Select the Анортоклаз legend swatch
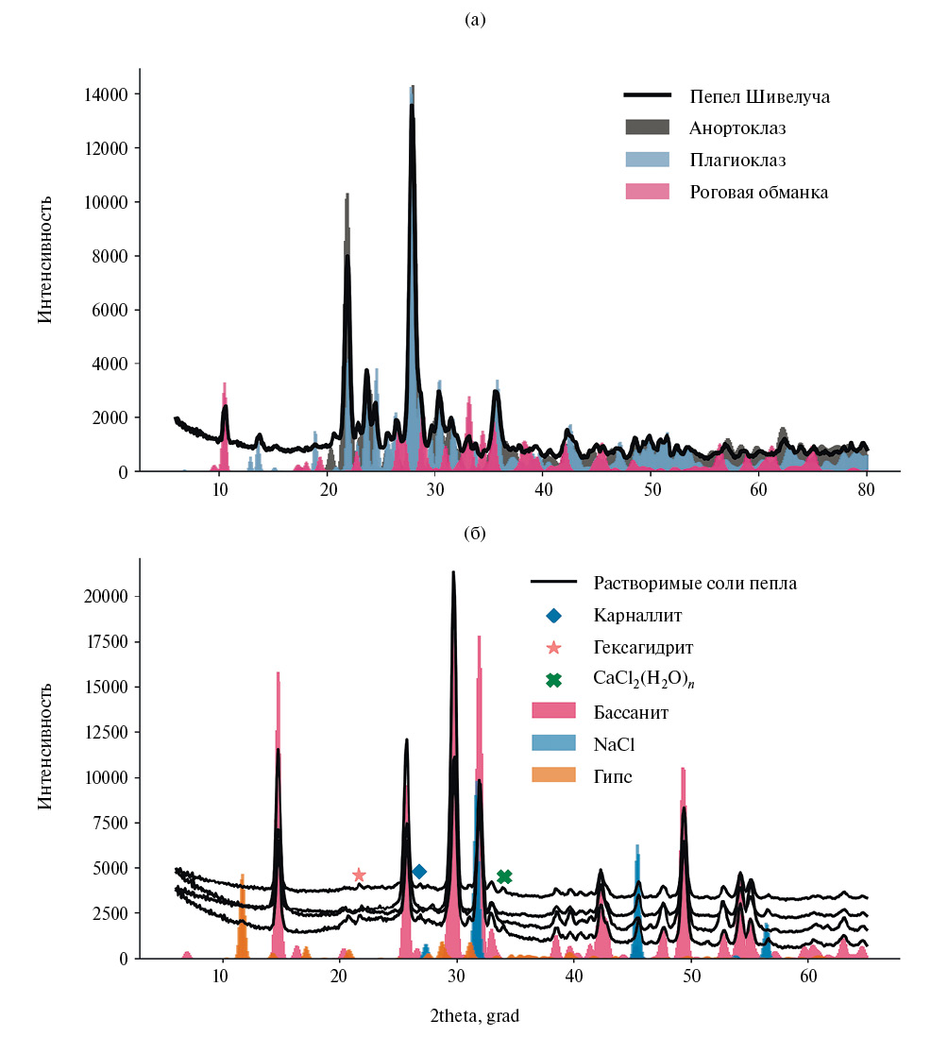647,127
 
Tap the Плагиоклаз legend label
737,160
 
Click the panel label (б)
475,534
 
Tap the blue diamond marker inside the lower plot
419,871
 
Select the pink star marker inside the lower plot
359,875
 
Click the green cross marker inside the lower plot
504,876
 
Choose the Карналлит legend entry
637,616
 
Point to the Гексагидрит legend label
644,648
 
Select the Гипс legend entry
613,776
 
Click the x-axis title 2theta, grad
474,1016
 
